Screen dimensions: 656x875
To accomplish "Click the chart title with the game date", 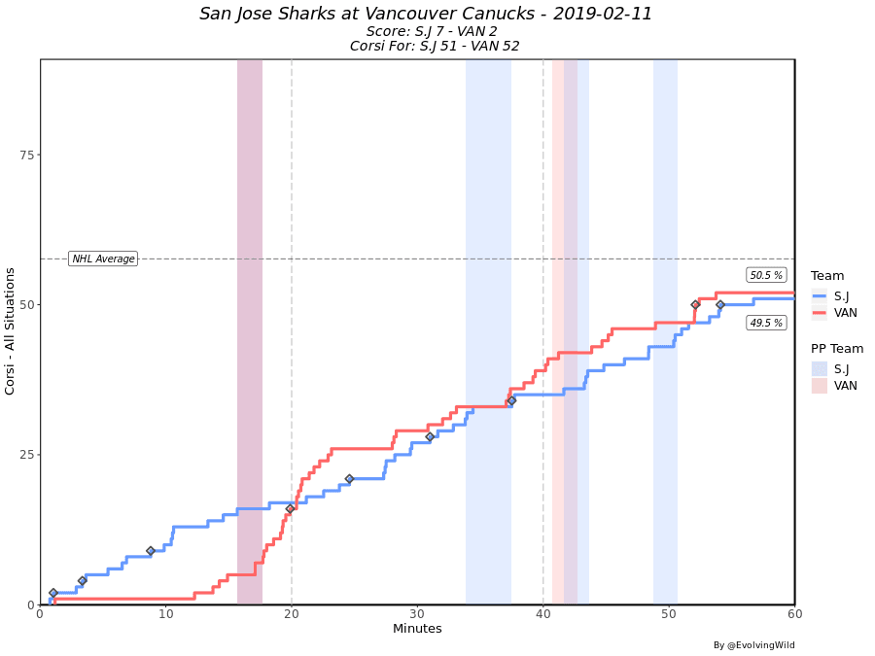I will [426, 14].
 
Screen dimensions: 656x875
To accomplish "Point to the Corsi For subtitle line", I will [435, 46].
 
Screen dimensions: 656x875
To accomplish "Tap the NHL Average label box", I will [103, 259].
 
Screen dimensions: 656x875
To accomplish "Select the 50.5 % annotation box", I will [766, 275].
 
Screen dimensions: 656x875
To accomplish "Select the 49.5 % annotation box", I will [766, 323].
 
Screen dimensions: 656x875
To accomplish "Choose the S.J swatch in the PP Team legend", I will [820, 368].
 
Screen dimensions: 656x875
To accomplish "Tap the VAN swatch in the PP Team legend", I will [820, 386].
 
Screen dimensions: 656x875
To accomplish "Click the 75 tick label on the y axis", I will [26, 155].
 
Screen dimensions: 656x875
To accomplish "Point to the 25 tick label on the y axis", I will [26, 455].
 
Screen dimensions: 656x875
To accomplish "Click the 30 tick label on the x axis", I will [417, 614].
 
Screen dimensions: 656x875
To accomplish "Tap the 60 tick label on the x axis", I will [794, 614].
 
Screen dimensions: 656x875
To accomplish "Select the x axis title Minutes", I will [417, 630].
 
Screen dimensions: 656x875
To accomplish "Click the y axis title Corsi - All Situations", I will [11, 331].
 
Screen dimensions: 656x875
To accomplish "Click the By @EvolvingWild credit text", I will [753, 645].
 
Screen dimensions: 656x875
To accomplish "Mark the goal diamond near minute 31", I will [430, 436].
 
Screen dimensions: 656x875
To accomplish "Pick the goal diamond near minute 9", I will [150, 551].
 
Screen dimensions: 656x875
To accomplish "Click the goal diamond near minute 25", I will [349, 478].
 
